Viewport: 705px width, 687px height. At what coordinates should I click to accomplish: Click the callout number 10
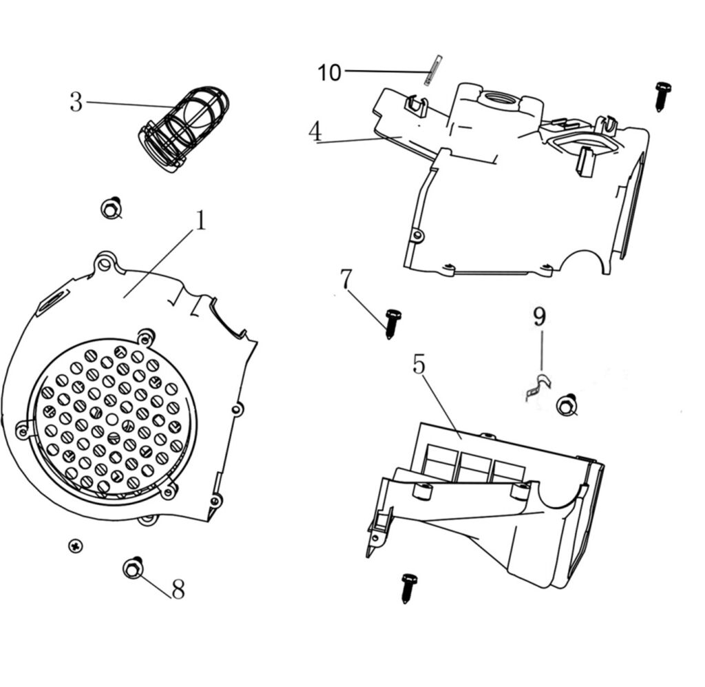(x=329, y=72)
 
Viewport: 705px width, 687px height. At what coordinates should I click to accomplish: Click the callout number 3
(x=76, y=103)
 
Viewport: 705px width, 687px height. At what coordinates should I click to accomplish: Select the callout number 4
(x=315, y=132)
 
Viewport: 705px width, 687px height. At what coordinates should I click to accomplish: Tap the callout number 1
(x=200, y=221)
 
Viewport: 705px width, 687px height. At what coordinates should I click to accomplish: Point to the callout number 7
(x=346, y=280)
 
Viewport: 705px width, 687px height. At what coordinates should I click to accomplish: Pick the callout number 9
(x=539, y=318)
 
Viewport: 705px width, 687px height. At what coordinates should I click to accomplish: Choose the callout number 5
(x=419, y=365)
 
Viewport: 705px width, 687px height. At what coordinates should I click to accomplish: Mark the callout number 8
(x=178, y=590)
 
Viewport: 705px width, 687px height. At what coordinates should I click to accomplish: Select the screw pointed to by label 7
(x=392, y=323)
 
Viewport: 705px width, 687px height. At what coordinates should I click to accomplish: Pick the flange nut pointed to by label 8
(x=133, y=568)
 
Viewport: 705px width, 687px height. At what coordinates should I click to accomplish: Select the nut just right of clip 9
(x=567, y=405)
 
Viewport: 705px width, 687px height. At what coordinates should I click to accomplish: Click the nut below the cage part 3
(x=111, y=207)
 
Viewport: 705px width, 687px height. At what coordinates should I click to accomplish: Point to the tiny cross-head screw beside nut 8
(x=76, y=546)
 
